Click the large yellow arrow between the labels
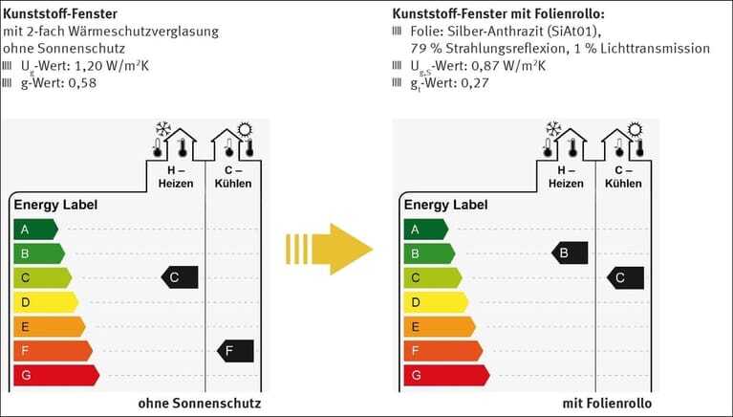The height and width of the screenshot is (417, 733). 330,249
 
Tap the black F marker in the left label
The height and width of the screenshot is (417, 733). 235,351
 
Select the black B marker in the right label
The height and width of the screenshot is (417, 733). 570,253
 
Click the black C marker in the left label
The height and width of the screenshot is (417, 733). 180,277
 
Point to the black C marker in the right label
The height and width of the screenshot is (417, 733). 625,278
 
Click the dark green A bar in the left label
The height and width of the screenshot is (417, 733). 35,230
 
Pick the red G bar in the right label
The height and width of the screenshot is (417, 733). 446,375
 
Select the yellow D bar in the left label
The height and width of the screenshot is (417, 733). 46,302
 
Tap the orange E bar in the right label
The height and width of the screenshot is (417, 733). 440,327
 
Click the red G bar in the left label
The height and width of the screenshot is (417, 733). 56,375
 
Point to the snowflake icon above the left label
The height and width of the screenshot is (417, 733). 163,130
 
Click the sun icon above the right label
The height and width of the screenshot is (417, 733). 635,130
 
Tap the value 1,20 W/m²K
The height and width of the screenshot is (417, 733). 112,66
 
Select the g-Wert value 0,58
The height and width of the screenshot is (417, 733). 82,83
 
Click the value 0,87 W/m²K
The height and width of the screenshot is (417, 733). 508,66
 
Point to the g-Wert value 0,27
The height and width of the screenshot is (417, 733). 475,83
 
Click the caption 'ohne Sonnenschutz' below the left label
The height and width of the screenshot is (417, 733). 200,404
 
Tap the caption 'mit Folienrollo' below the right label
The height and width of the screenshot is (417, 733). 607,404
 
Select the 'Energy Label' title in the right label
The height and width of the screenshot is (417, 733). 446,205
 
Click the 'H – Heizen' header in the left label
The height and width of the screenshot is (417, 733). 176,177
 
